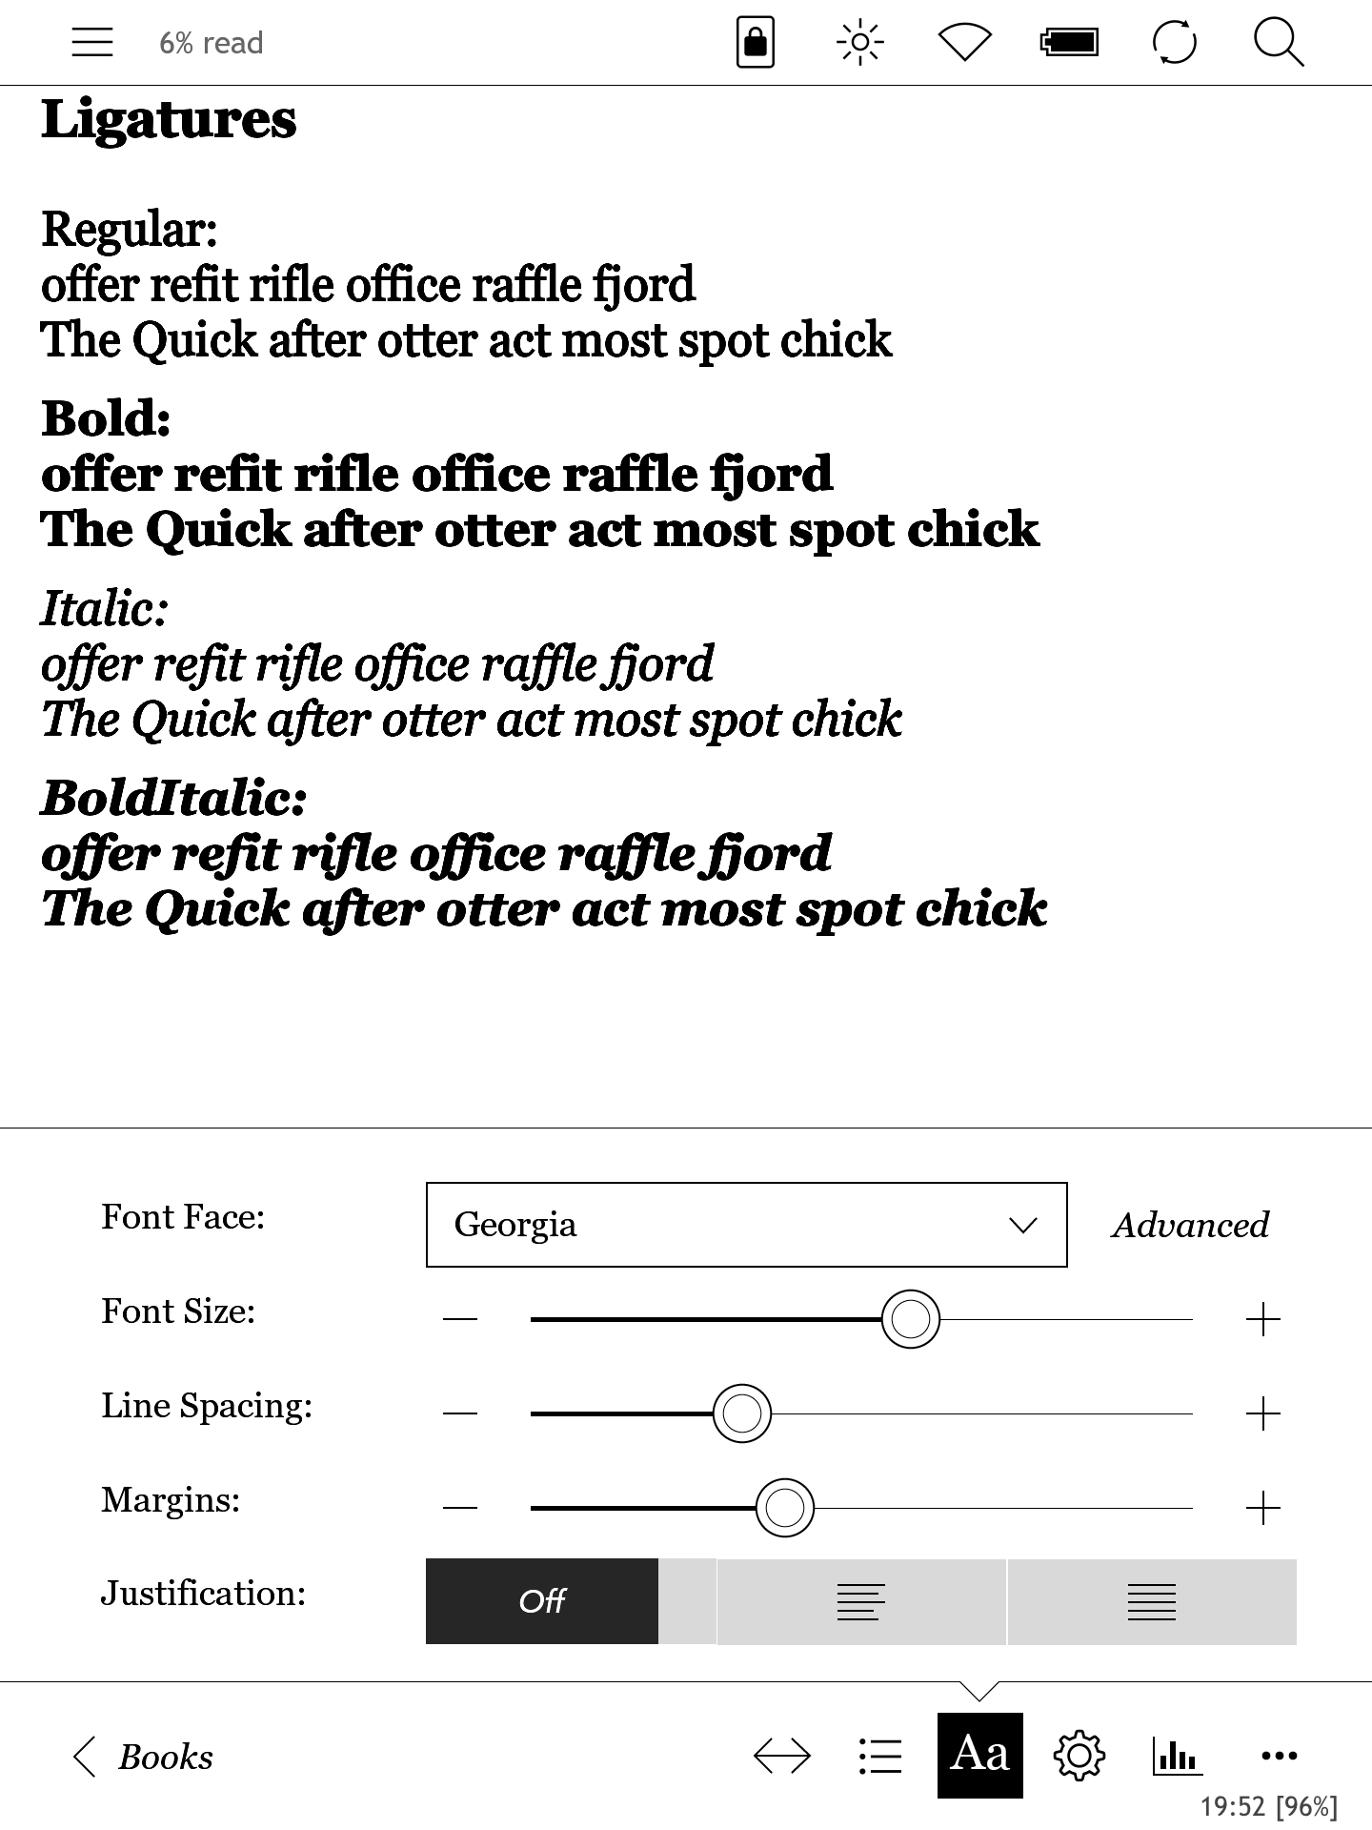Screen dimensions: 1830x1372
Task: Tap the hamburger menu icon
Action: [92, 43]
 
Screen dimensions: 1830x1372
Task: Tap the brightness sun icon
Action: [859, 43]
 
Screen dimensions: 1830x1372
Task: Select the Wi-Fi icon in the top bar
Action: [964, 43]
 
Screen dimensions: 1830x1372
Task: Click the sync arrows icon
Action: [1174, 43]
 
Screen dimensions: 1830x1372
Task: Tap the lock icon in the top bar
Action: [756, 43]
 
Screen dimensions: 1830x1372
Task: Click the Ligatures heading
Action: [169, 121]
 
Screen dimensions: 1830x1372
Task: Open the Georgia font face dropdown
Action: [746, 1225]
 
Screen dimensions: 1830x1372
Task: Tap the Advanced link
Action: [1190, 1225]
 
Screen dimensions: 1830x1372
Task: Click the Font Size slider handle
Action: [911, 1319]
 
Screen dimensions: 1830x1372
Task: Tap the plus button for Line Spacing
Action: [1262, 1413]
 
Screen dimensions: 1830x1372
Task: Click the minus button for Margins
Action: [460, 1508]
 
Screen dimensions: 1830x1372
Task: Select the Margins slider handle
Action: [785, 1508]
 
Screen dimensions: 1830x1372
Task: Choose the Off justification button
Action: [542, 1601]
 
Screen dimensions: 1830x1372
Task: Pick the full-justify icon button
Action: [1152, 1601]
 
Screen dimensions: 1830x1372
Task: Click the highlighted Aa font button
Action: [979, 1755]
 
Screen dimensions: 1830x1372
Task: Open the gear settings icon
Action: [1079, 1756]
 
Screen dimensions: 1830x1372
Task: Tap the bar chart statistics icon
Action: [1176, 1756]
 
